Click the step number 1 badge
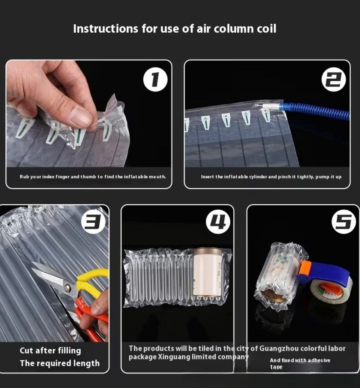click(155, 79)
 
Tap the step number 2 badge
click(333, 79)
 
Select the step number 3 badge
click(93, 222)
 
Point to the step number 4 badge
click(218, 222)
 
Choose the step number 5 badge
click(343, 222)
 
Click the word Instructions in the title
click(105, 29)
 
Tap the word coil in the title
click(266, 29)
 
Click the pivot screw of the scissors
click(67, 287)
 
